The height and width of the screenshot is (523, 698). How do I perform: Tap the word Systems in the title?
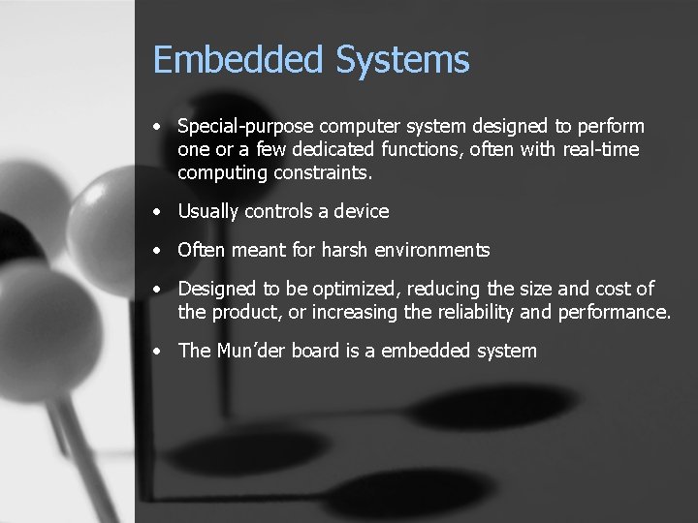pyautogui.click(x=402, y=60)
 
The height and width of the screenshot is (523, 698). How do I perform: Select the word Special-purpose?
pyautogui.click(x=245, y=127)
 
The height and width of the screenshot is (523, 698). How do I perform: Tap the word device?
pyautogui.click(x=361, y=211)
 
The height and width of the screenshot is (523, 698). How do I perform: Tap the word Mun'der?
pyautogui.click(x=249, y=351)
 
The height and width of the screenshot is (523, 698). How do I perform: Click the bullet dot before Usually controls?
pyautogui.click(x=156, y=212)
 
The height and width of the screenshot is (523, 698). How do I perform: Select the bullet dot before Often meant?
pyautogui.click(x=156, y=251)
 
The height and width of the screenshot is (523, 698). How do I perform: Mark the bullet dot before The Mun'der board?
pyautogui.click(x=156, y=352)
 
